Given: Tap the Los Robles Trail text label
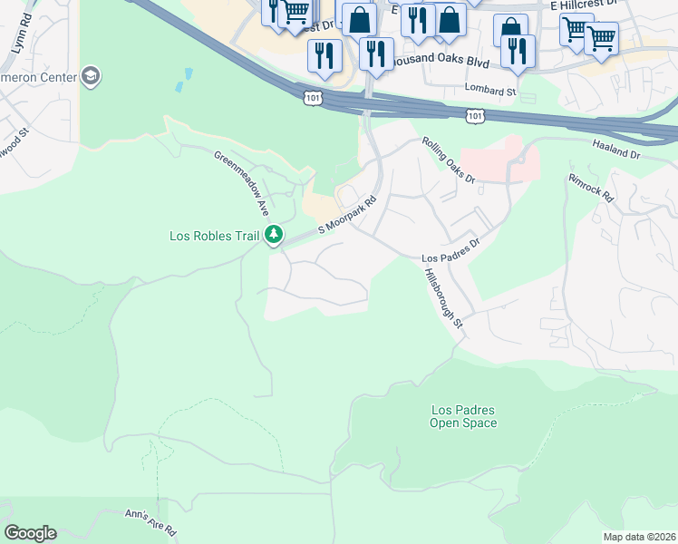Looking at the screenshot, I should (x=214, y=237).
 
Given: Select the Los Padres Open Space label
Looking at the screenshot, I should (x=463, y=417).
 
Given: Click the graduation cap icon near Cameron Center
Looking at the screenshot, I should (x=90, y=76).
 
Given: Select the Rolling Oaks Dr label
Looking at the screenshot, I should (x=449, y=160).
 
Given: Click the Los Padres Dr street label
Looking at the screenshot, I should (x=450, y=251).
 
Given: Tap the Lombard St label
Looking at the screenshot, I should (x=489, y=91).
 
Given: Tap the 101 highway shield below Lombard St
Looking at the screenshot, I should (x=475, y=115).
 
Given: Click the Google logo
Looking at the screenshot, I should (x=30, y=533).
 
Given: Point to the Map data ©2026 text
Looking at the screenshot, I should (x=639, y=537).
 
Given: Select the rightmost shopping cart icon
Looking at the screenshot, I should (x=601, y=38).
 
